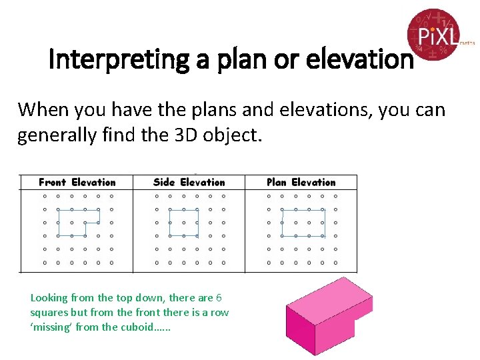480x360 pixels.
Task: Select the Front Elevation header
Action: click(77, 182)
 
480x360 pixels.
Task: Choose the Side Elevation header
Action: click(189, 182)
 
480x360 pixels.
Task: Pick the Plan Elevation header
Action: click(301, 182)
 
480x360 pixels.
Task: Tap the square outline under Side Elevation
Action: click(183, 223)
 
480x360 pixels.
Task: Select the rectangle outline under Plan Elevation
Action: click(303, 223)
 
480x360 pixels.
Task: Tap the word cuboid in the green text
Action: click(139, 327)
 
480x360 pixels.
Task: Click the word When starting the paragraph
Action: click(39, 109)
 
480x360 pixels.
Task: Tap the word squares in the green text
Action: click(49, 312)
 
